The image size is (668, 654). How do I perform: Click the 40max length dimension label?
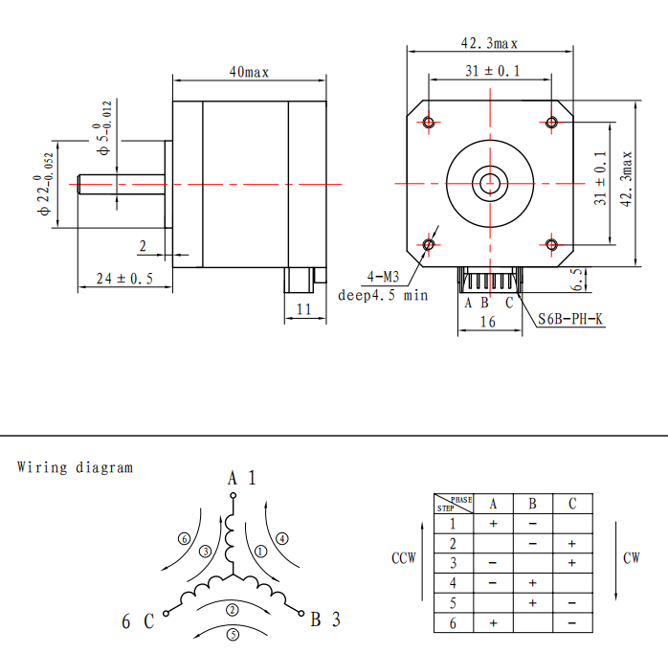pyautogui.click(x=249, y=72)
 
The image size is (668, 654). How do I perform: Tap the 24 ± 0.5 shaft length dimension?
pyautogui.click(x=124, y=279)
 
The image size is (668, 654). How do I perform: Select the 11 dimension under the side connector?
pyautogui.click(x=303, y=309)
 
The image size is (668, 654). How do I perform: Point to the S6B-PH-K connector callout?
pyautogui.click(x=570, y=319)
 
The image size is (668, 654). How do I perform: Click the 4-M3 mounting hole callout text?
pyautogui.click(x=383, y=277)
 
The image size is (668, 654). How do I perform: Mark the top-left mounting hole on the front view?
pyautogui.click(x=429, y=123)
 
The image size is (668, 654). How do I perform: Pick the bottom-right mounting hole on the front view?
pyautogui.click(x=551, y=245)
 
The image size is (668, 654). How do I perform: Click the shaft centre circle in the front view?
pyautogui.click(x=490, y=183)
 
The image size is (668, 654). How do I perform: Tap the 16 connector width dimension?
pyautogui.click(x=488, y=322)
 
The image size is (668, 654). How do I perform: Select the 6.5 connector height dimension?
pyautogui.click(x=576, y=280)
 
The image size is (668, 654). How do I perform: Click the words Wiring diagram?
pyautogui.click(x=75, y=467)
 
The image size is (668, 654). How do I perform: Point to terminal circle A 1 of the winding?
pyautogui.click(x=233, y=495)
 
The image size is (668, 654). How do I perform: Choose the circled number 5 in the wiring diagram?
pyautogui.click(x=233, y=635)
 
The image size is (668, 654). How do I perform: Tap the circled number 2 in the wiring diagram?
pyautogui.click(x=233, y=610)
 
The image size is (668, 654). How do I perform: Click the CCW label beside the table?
pyautogui.click(x=404, y=558)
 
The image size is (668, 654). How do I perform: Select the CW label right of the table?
pyautogui.click(x=632, y=558)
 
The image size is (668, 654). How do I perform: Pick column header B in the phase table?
pyautogui.click(x=532, y=504)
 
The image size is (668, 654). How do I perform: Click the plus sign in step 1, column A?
pyautogui.click(x=493, y=524)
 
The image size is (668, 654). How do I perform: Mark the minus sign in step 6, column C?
pyautogui.click(x=571, y=623)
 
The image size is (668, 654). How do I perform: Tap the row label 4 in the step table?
pyautogui.click(x=453, y=583)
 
